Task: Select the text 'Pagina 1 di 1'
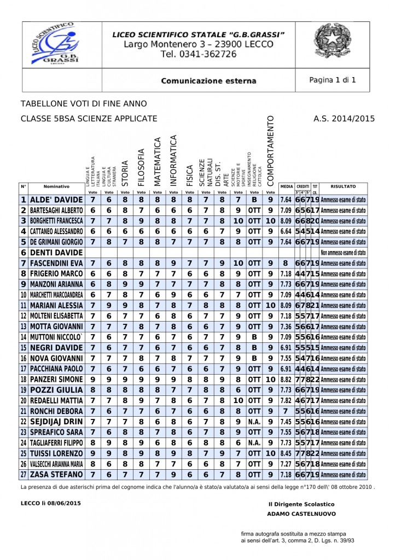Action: tap(333, 80)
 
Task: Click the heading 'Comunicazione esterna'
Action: tap(208, 81)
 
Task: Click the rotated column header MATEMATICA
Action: tap(158, 162)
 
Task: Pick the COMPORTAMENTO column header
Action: tap(270, 151)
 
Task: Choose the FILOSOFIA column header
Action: tap(141, 167)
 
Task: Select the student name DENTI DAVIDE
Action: tap(53, 253)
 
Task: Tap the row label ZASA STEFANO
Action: tap(56, 474)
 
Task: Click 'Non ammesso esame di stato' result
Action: tap(343, 253)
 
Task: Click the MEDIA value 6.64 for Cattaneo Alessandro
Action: tap(286, 231)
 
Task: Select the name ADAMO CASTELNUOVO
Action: tap(301, 514)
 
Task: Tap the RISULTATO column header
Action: tap(343, 186)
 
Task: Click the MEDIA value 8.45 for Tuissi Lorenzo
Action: tap(286, 453)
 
